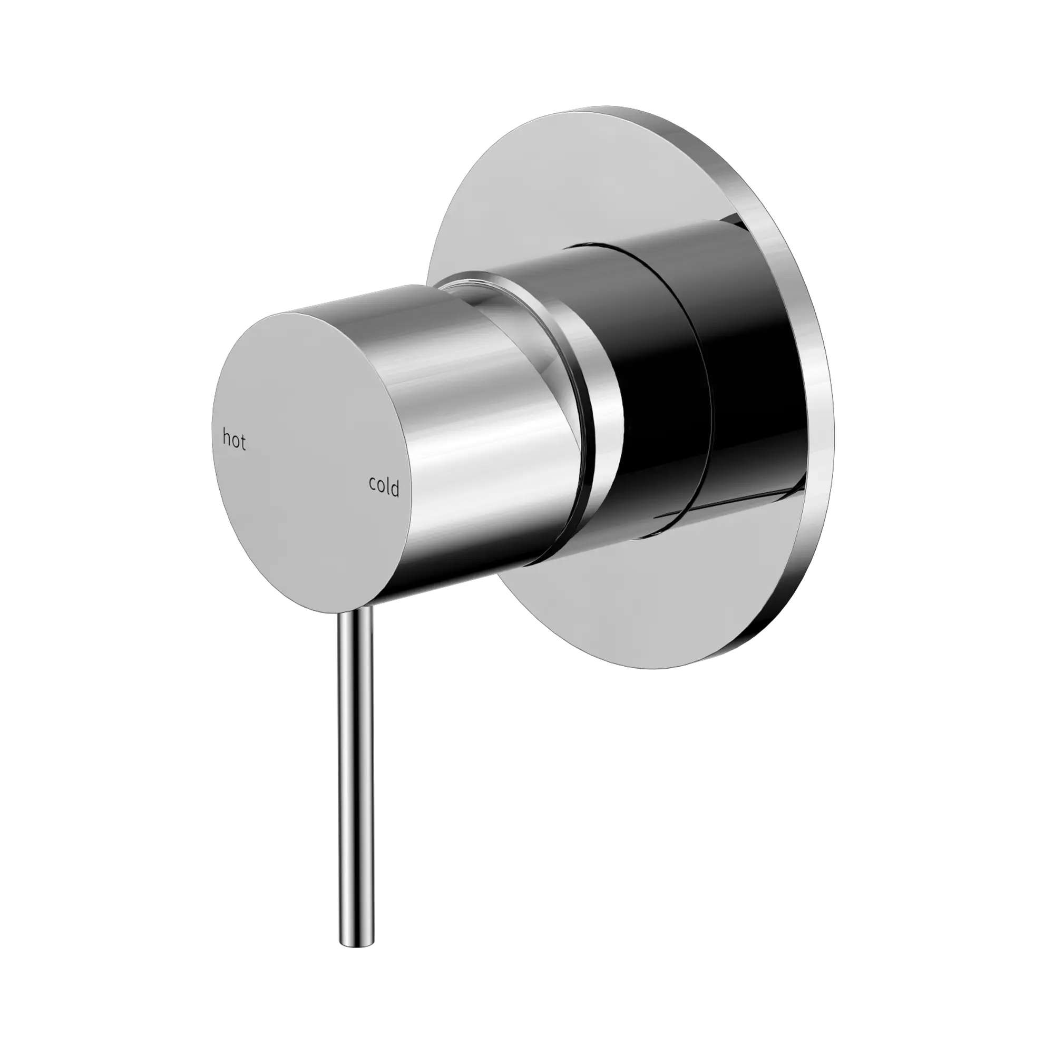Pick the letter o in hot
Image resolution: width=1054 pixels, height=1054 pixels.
pos(235,441)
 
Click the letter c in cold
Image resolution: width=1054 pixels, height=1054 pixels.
pos(373,484)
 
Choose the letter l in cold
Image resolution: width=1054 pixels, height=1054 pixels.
pos(388,486)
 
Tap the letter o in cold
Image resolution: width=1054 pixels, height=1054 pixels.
pos(381,486)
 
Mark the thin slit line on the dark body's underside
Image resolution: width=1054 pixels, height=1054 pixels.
pos(720,505)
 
